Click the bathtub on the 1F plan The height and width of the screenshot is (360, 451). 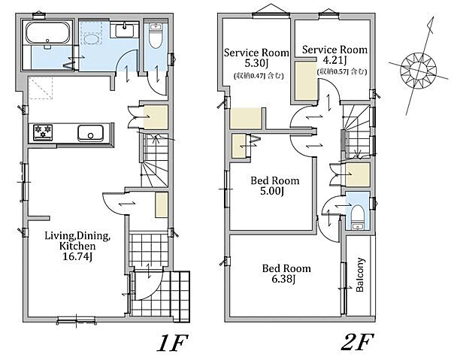48,33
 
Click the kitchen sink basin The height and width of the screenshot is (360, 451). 91,133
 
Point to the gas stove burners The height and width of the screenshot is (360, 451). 43,132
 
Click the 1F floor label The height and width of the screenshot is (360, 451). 172,343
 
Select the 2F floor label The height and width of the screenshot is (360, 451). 358,342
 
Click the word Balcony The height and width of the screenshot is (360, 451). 360,275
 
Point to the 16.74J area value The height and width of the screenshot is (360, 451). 77,256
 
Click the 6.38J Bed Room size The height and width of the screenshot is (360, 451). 283,279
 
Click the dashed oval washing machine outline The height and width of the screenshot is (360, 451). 92,39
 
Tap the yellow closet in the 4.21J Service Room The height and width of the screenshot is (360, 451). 306,81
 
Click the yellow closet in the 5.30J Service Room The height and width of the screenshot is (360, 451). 246,118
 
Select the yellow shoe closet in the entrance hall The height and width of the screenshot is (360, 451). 162,205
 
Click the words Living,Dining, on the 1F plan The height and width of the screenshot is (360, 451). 77,236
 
